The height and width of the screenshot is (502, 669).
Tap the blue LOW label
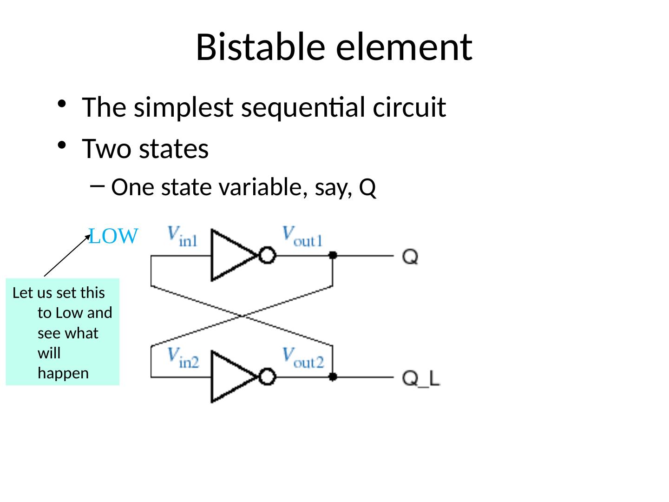pyautogui.click(x=113, y=237)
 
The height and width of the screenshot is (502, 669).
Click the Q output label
pyautogui.click(x=410, y=256)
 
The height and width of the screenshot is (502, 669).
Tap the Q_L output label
pyautogui.click(x=421, y=378)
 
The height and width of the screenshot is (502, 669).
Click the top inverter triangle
pyautogui.click(x=230, y=255)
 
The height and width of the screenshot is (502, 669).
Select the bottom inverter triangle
pyautogui.click(x=230, y=377)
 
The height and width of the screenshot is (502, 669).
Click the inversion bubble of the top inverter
pyautogui.click(x=268, y=256)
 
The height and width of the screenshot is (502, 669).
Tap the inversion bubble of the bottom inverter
pyautogui.click(x=268, y=377)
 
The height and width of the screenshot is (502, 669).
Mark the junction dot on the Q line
pyautogui.click(x=333, y=255)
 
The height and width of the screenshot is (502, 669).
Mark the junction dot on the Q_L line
pyautogui.click(x=333, y=377)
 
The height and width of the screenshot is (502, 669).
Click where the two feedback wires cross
pyautogui.click(x=242, y=316)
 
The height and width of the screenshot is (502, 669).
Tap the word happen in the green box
pyautogui.click(x=63, y=373)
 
